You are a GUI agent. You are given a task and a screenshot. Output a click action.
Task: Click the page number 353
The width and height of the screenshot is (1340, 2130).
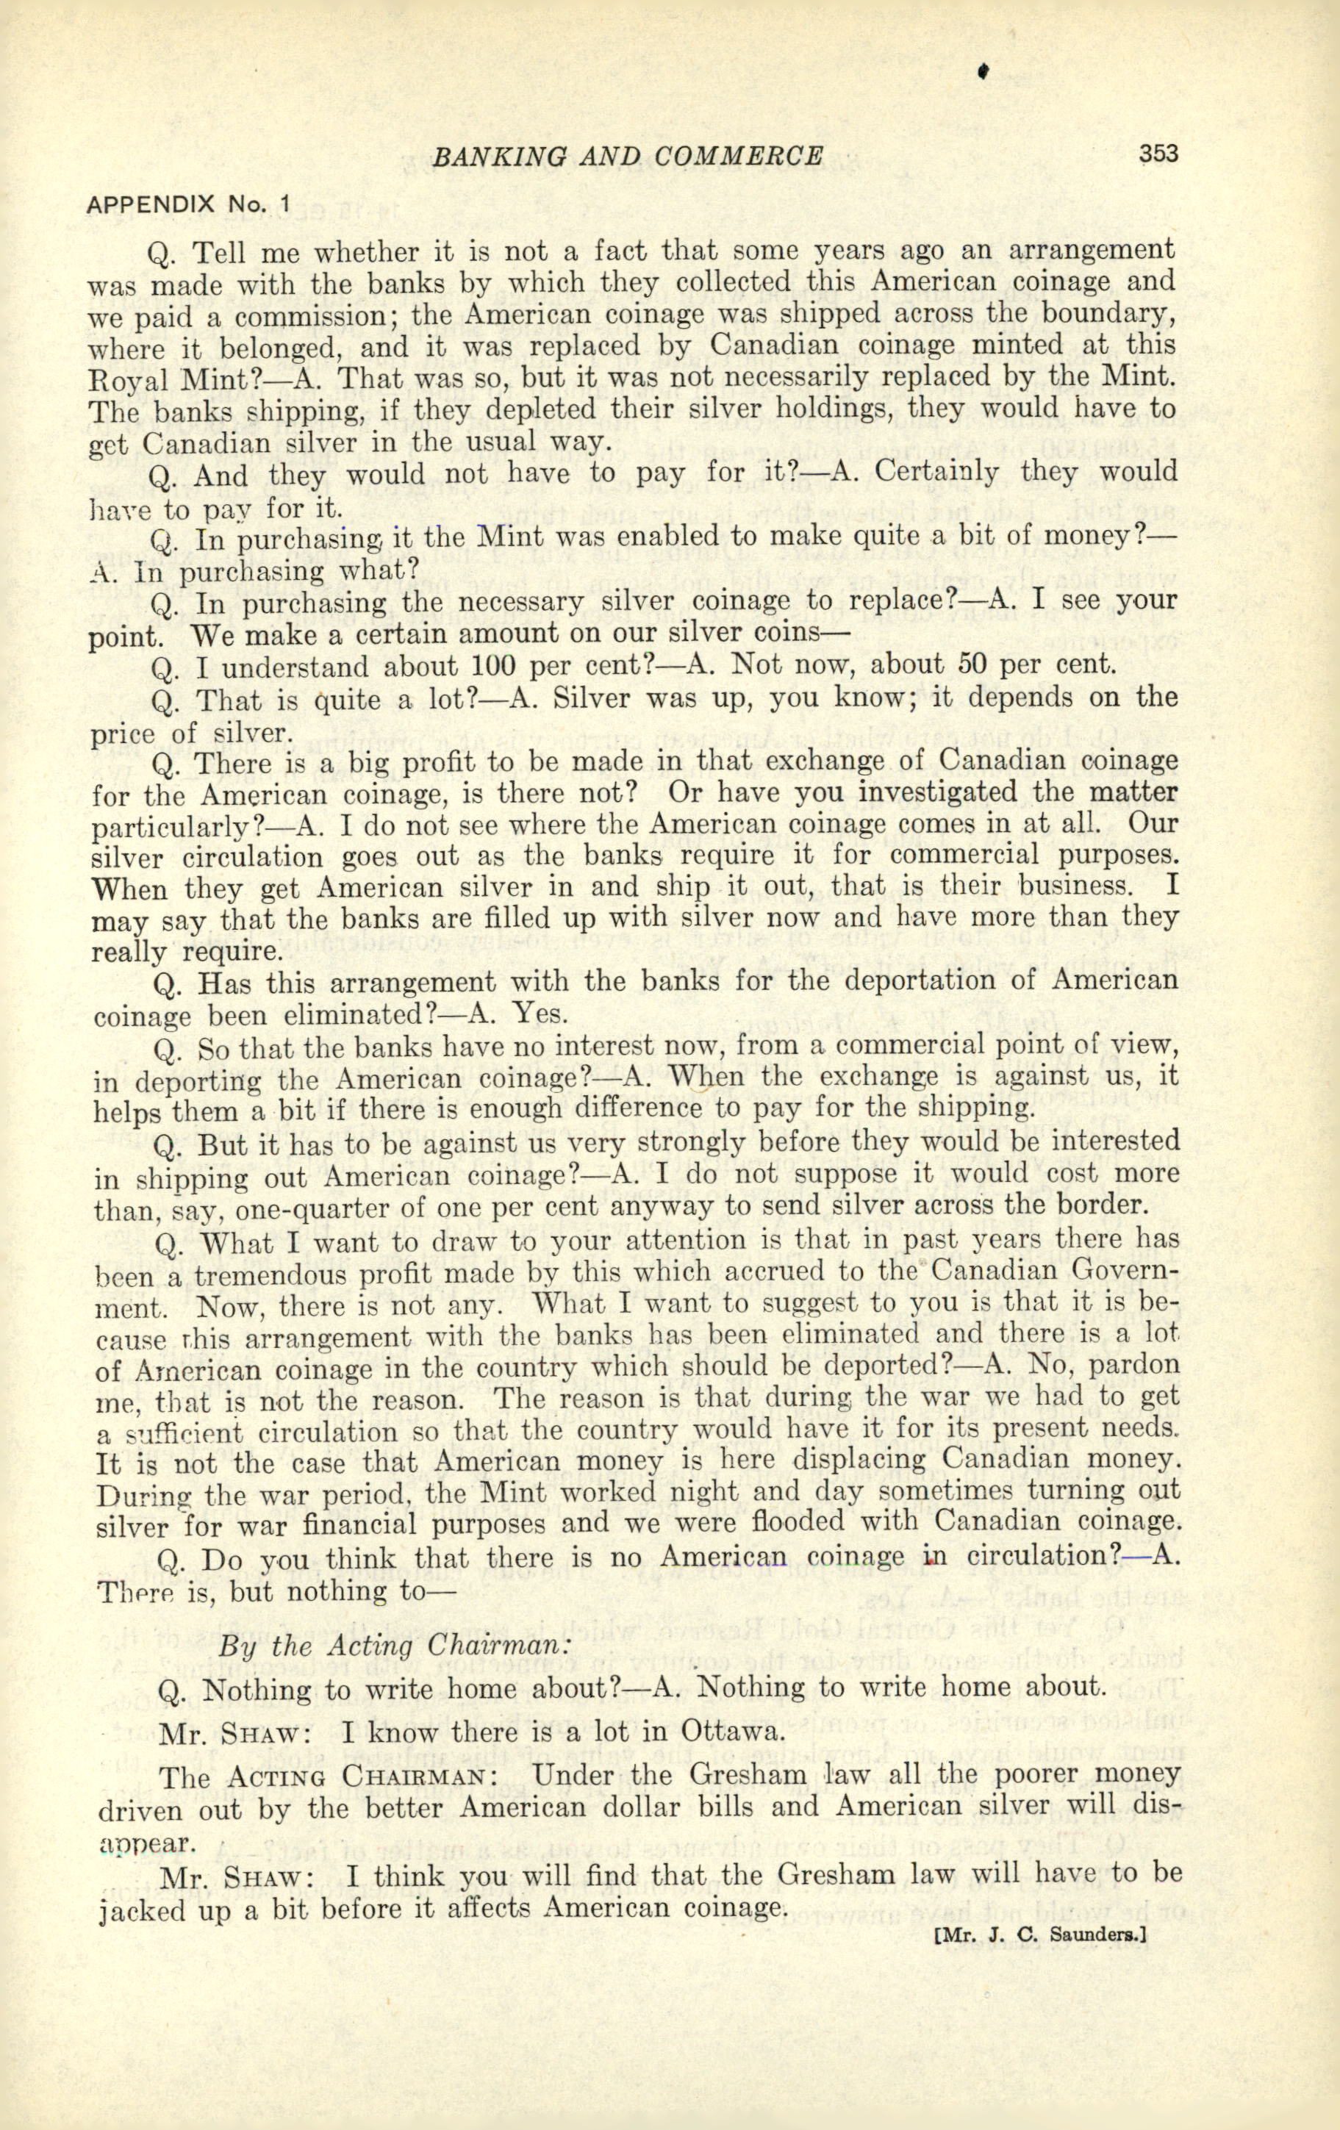tap(1158, 154)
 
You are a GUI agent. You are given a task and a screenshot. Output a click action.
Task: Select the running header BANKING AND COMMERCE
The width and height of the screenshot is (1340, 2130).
tap(627, 157)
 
